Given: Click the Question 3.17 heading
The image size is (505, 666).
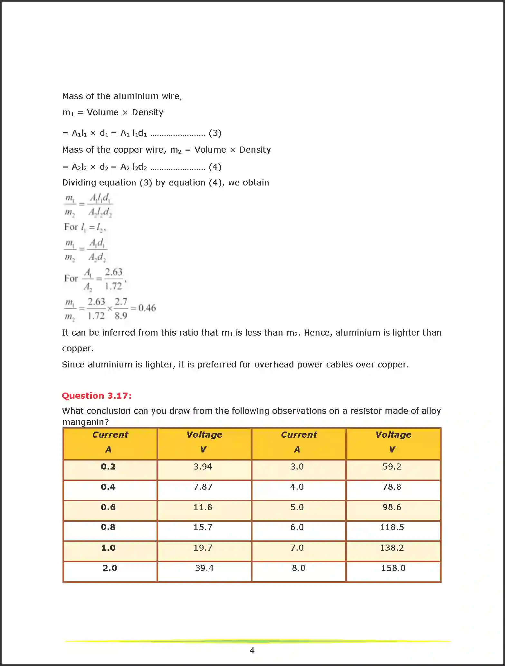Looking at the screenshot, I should [x=97, y=395].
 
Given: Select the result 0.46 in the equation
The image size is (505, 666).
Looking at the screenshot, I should [x=147, y=308].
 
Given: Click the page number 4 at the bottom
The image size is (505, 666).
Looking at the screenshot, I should [x=252, y=651].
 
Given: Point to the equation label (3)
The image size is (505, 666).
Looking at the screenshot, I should [x=215, y=133].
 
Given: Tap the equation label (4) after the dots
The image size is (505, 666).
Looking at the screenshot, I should [x=215, y=167].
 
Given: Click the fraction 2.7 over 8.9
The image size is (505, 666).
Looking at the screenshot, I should [x=121, y=309].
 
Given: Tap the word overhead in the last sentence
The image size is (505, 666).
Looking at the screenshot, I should [x=274, y=365].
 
